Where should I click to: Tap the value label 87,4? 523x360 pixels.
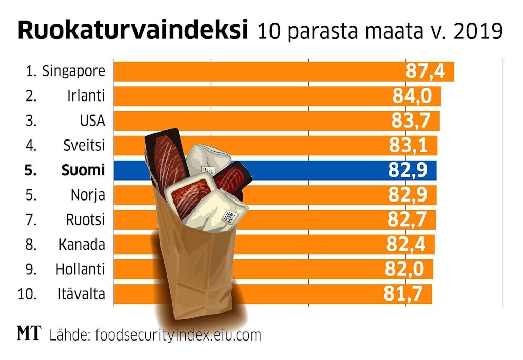425,71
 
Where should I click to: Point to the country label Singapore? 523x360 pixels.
73,71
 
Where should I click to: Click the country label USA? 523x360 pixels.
92,121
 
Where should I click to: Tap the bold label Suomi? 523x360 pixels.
83,170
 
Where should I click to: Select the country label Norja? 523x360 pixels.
88,195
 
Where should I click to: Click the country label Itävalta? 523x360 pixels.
81,294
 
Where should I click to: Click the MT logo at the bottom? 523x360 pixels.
29,334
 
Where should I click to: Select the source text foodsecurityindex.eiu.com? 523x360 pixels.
176,335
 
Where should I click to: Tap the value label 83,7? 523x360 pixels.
413,121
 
